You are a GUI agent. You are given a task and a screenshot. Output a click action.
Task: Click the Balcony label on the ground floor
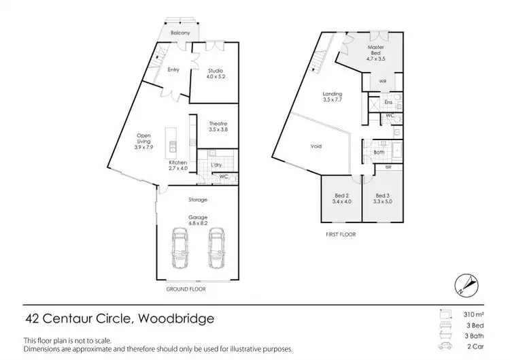click(x=180, y=32)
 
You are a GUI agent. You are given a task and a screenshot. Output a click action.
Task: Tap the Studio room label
click(x=216, y=71)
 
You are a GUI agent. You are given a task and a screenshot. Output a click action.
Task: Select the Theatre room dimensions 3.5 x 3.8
click(x=218, y=129)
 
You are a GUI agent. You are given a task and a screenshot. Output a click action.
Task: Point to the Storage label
click(x=198, y=199)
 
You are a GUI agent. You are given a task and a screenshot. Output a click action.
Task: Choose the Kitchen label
click(x=177, y=163)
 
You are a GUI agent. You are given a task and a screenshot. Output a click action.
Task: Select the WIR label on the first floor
click(x=383, y=80)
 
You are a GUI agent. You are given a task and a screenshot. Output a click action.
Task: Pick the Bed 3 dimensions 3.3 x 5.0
click(x=383, y=201)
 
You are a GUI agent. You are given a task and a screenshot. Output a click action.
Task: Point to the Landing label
click(x=333, y=94)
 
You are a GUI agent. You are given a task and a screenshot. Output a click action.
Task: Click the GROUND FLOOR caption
click(x=186, y=289)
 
